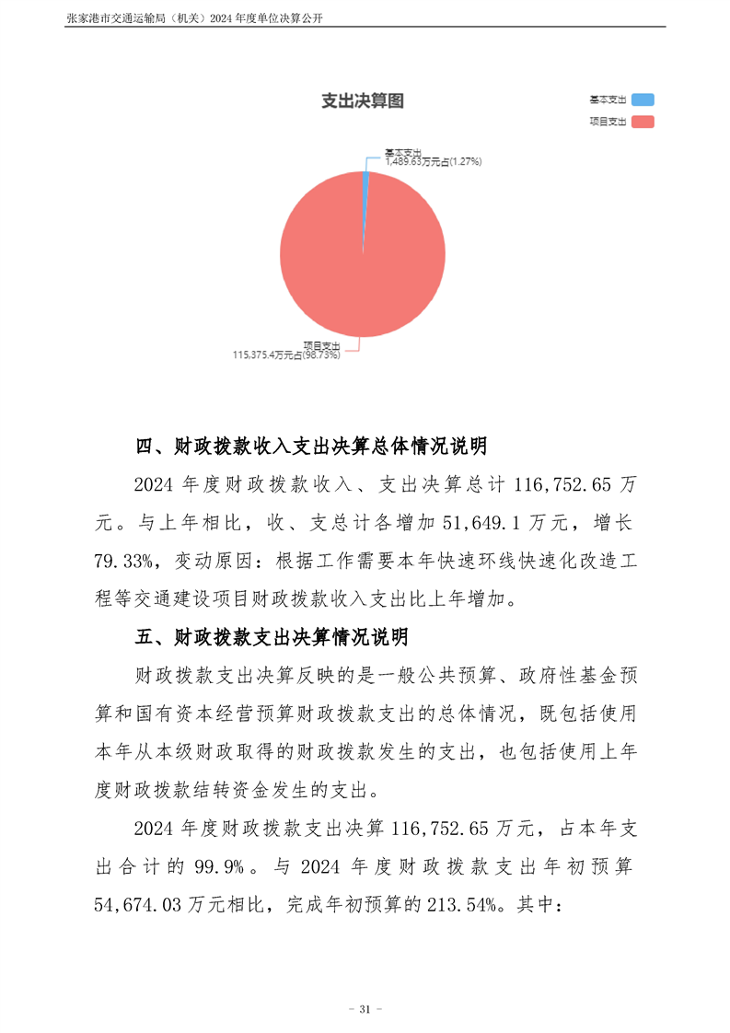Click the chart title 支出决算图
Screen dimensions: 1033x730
point(362,101)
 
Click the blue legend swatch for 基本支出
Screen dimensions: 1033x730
point(643,99)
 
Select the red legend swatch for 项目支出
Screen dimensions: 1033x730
point(643,121)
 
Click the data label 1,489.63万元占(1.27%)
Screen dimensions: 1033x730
point(434,161)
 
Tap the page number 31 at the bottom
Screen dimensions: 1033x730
point(365,1010)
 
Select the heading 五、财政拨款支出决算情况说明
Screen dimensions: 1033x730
point(272,637)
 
